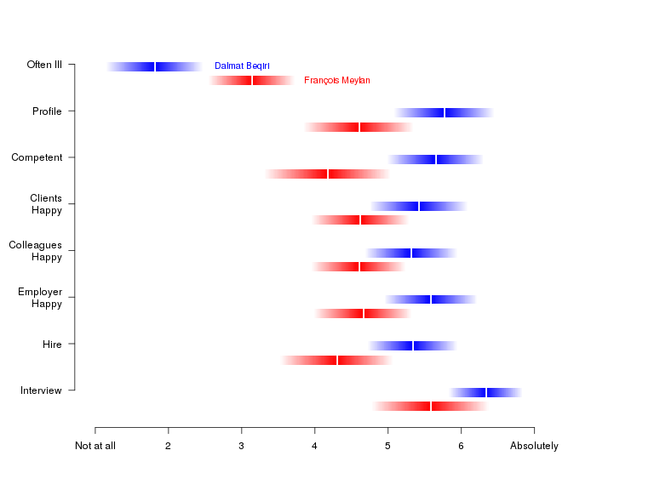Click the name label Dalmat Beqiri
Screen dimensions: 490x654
click(242, 66)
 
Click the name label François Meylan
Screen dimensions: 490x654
click(336, 80)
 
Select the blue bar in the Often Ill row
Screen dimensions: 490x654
click(155, 66)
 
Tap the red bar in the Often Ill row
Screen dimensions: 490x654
click(252, 80)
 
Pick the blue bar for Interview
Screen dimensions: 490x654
click(486, 392)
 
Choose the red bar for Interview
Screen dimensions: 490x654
click(431, 406)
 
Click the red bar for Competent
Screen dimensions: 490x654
click(328, 174)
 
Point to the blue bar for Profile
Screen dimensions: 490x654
click(445, 112)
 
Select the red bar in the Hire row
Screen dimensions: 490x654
click(337, 360)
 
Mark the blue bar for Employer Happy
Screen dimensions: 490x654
click(431, 299)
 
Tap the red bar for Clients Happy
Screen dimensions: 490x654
click(360, 219)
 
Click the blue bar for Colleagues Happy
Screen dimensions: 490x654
click(411, 253)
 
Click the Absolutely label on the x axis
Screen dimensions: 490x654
click(534, 446)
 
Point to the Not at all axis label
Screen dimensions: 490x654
click(95, 446)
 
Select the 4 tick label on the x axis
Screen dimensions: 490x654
click(314, 446)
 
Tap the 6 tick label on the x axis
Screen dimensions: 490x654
click(461, 446)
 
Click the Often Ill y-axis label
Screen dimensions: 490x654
click(44, 65)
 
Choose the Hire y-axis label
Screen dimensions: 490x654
click(52, 344)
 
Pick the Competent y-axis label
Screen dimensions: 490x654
click(37, 157)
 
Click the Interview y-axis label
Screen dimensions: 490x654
click(41, 390)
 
